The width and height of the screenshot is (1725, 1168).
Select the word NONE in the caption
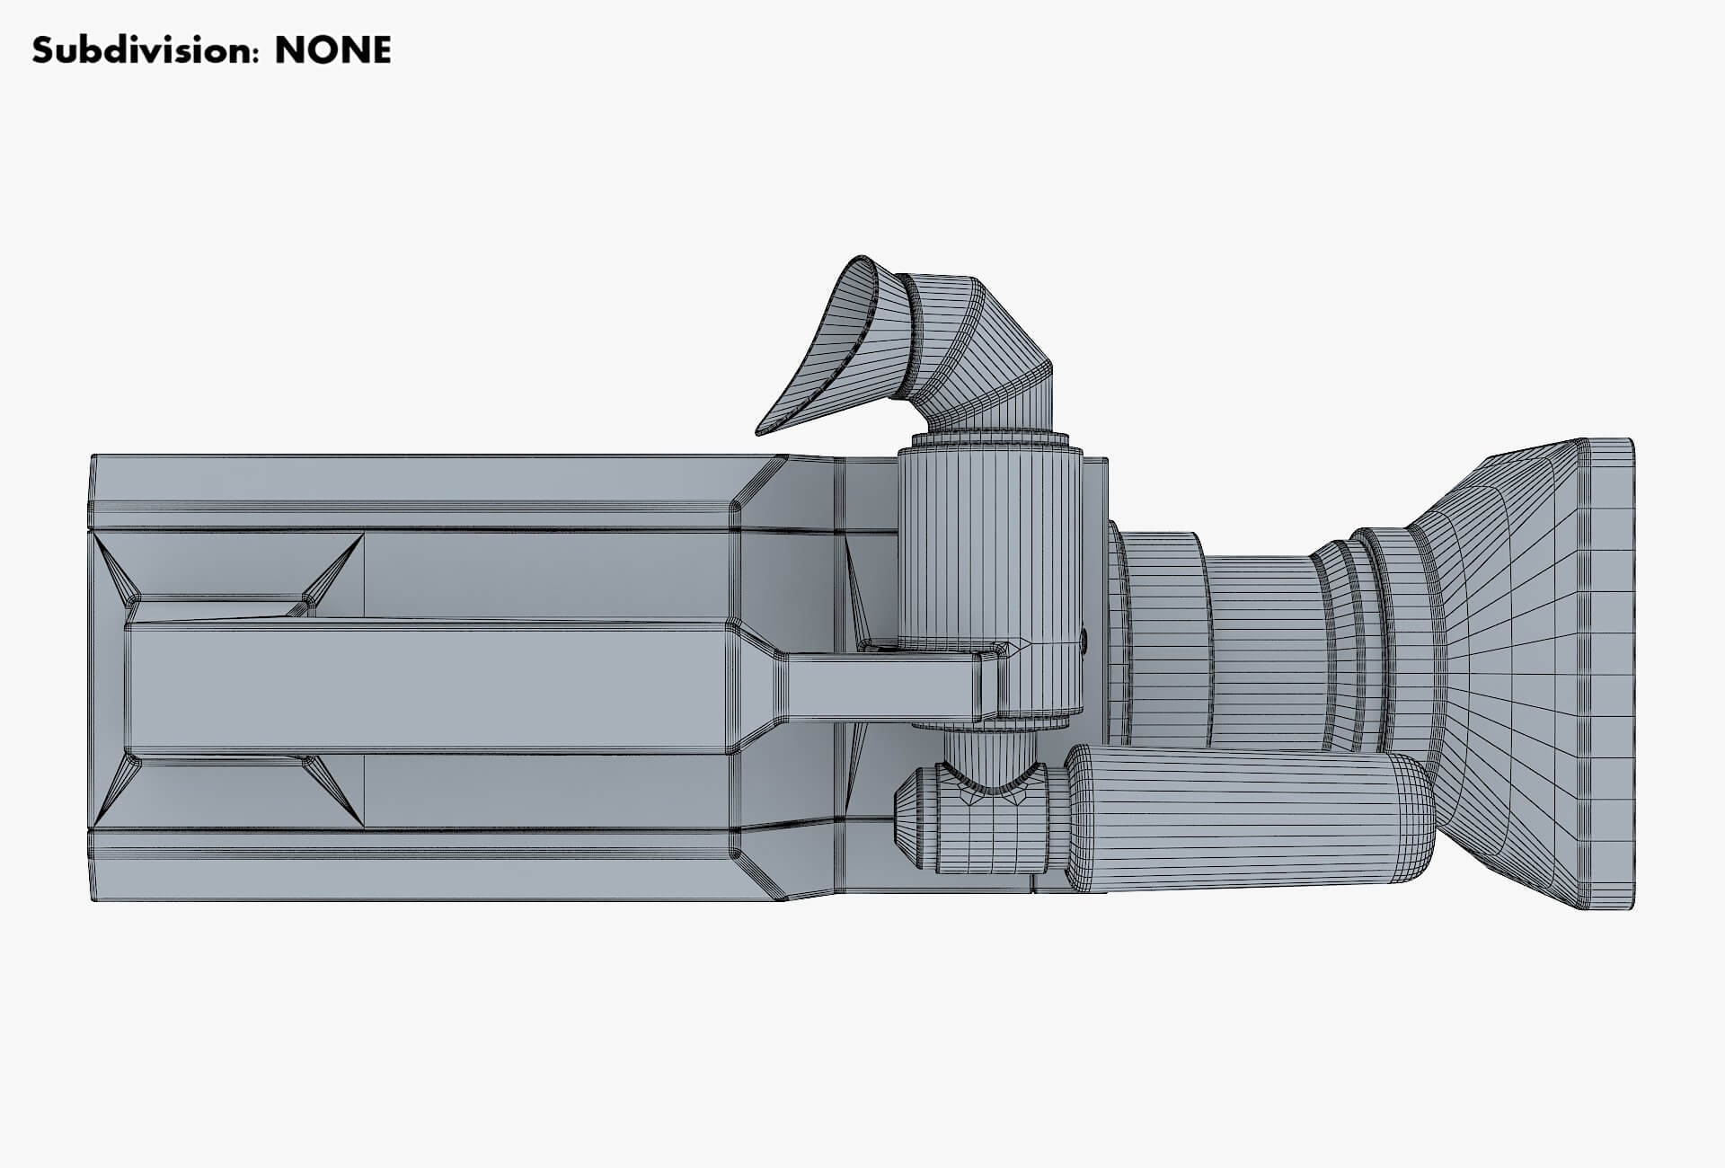coord(332,51)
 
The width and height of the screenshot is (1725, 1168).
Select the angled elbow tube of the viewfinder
coord(984,350)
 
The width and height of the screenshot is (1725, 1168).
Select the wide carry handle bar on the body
coord(431,687)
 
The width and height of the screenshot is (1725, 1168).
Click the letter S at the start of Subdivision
coord(43,51)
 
